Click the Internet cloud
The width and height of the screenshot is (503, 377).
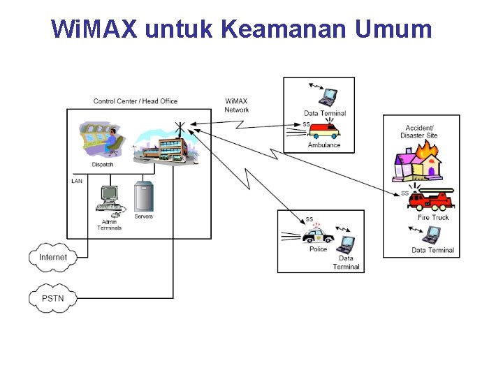(x=53, y=257)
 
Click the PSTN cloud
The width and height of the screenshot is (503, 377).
(x=52, y=298)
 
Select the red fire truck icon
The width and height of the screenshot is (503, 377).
(x=430, y=200)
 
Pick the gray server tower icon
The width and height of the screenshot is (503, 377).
(x=143, y=197)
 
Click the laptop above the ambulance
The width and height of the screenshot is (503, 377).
(x=326, y=94)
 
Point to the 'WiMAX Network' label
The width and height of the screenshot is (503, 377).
(x=237, y=105)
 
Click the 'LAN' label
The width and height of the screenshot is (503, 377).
(x=77, y=181)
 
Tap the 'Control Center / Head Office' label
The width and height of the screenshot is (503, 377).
(x=136, y=101)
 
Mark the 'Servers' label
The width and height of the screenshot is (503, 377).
(x=143, y=216)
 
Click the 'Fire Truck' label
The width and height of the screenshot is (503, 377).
(x=433, y=218)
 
